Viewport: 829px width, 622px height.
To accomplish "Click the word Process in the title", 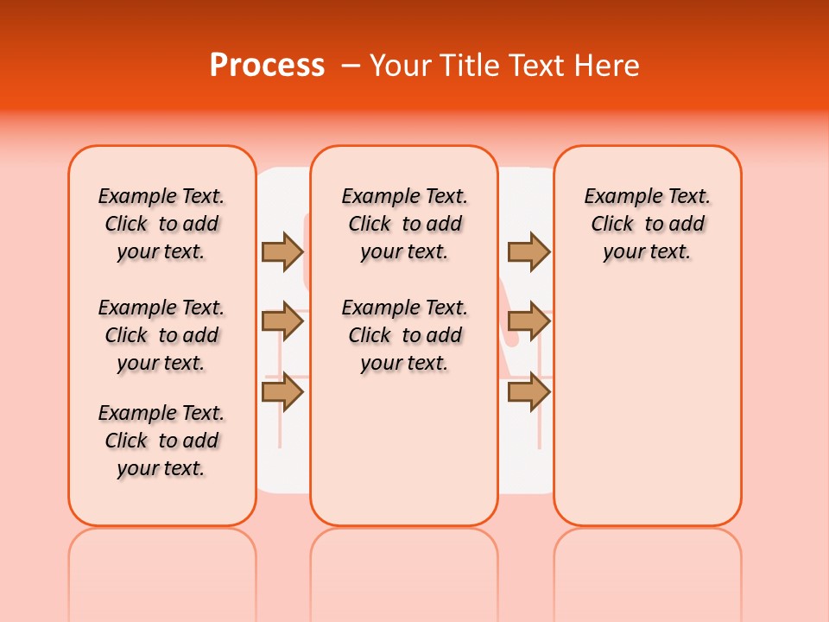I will pos(267,66).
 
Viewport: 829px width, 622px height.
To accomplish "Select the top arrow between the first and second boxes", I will pos(282,251).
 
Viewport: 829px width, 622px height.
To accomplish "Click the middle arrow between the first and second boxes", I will pos(282,321).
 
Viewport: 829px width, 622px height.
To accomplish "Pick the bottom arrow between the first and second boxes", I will pos(282,392).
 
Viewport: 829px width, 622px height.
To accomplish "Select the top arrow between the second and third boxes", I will pos(528,251).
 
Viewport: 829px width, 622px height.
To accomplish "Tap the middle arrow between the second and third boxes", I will pos(528,321).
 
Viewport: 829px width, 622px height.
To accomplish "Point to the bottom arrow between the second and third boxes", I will pos(528,392).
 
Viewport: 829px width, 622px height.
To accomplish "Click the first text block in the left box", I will pos(161,224).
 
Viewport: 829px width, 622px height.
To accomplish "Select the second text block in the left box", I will pos(161,335).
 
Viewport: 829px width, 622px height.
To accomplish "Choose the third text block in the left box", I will pos(161,441).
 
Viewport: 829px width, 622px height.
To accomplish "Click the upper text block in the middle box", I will pos(404,224).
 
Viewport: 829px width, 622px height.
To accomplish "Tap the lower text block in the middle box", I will pos(404,335).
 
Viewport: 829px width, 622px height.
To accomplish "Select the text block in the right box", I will pos(647,224).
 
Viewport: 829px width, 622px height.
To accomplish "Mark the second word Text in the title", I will pos(535,66).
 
